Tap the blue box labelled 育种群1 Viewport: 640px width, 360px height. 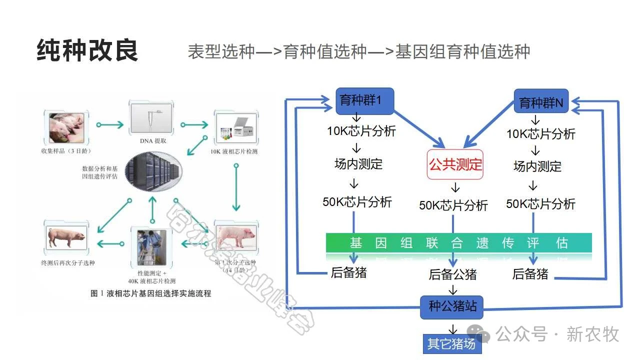(x=364, y=100)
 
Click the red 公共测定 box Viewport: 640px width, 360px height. (x=455, y=164)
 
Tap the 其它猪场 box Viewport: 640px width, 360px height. (x=451, y=344)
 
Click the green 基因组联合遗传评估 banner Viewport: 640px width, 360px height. (x=458, y=243)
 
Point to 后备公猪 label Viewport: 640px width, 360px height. (x=452, y=274)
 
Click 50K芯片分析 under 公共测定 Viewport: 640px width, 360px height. (x=453, y=205)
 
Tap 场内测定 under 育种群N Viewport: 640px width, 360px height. (x=537, y=166)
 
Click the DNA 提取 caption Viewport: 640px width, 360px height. (x=153, y=141)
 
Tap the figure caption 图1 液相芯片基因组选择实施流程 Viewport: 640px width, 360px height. (x=150, y=293)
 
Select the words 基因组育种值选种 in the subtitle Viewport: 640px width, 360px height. (x=462, y=51)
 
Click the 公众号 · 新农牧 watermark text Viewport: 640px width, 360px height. (x=557, y=333)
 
